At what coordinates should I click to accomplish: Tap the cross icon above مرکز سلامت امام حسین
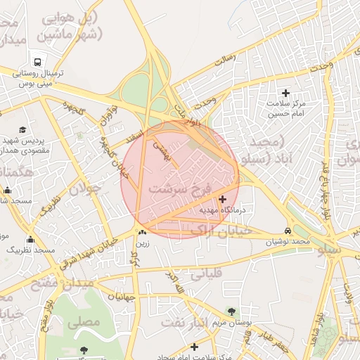pos(285,93)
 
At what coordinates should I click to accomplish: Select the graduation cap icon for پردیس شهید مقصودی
pos(22,130)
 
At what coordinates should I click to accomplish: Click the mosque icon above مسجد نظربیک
pos(30,239)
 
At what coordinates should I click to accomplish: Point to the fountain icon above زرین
pos(143,232)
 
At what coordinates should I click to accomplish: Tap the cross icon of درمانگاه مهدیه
pos(223,200)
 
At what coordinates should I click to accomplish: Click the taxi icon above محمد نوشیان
pos(288,231)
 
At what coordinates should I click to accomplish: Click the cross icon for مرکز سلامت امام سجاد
pos(194,347)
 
